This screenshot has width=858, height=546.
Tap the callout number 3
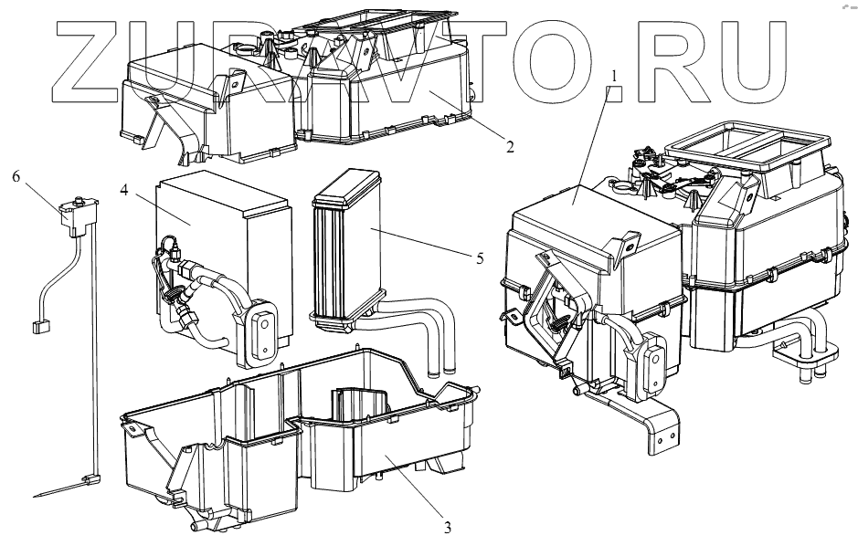[x=448, y=526]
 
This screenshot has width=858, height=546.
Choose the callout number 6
[x=16, y=176]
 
